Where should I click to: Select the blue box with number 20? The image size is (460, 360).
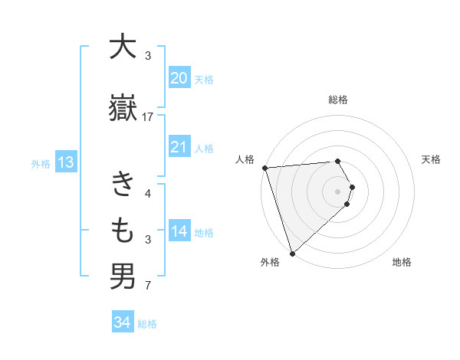179,77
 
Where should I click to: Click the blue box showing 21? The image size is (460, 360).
179,147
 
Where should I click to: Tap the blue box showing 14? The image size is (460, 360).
179,231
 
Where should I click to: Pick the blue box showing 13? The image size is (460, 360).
65,162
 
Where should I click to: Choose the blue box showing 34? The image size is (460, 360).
122,322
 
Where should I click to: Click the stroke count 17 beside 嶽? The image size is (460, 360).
148,117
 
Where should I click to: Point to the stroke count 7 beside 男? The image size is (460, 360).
148,286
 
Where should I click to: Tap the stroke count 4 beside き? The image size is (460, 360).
148,194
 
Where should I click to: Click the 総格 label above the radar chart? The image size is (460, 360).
338,100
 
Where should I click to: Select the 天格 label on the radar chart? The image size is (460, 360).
432,159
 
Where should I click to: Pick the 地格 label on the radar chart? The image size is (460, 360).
402,262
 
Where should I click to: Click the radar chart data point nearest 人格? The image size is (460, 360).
264,168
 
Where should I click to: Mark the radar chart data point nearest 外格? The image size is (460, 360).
292,253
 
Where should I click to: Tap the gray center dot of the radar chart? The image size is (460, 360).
338,191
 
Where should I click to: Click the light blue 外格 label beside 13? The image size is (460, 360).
41,163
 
